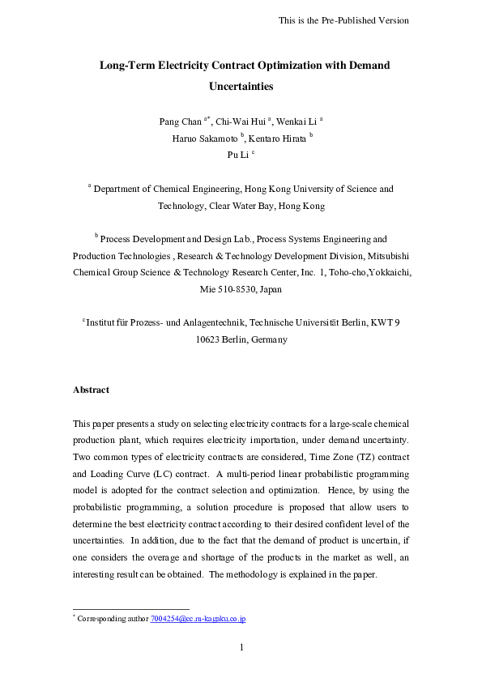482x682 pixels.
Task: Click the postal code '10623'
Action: coord(210,339)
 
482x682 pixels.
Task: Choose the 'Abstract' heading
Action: coord(91,390)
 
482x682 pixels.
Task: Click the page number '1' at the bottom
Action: coord(241,646)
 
